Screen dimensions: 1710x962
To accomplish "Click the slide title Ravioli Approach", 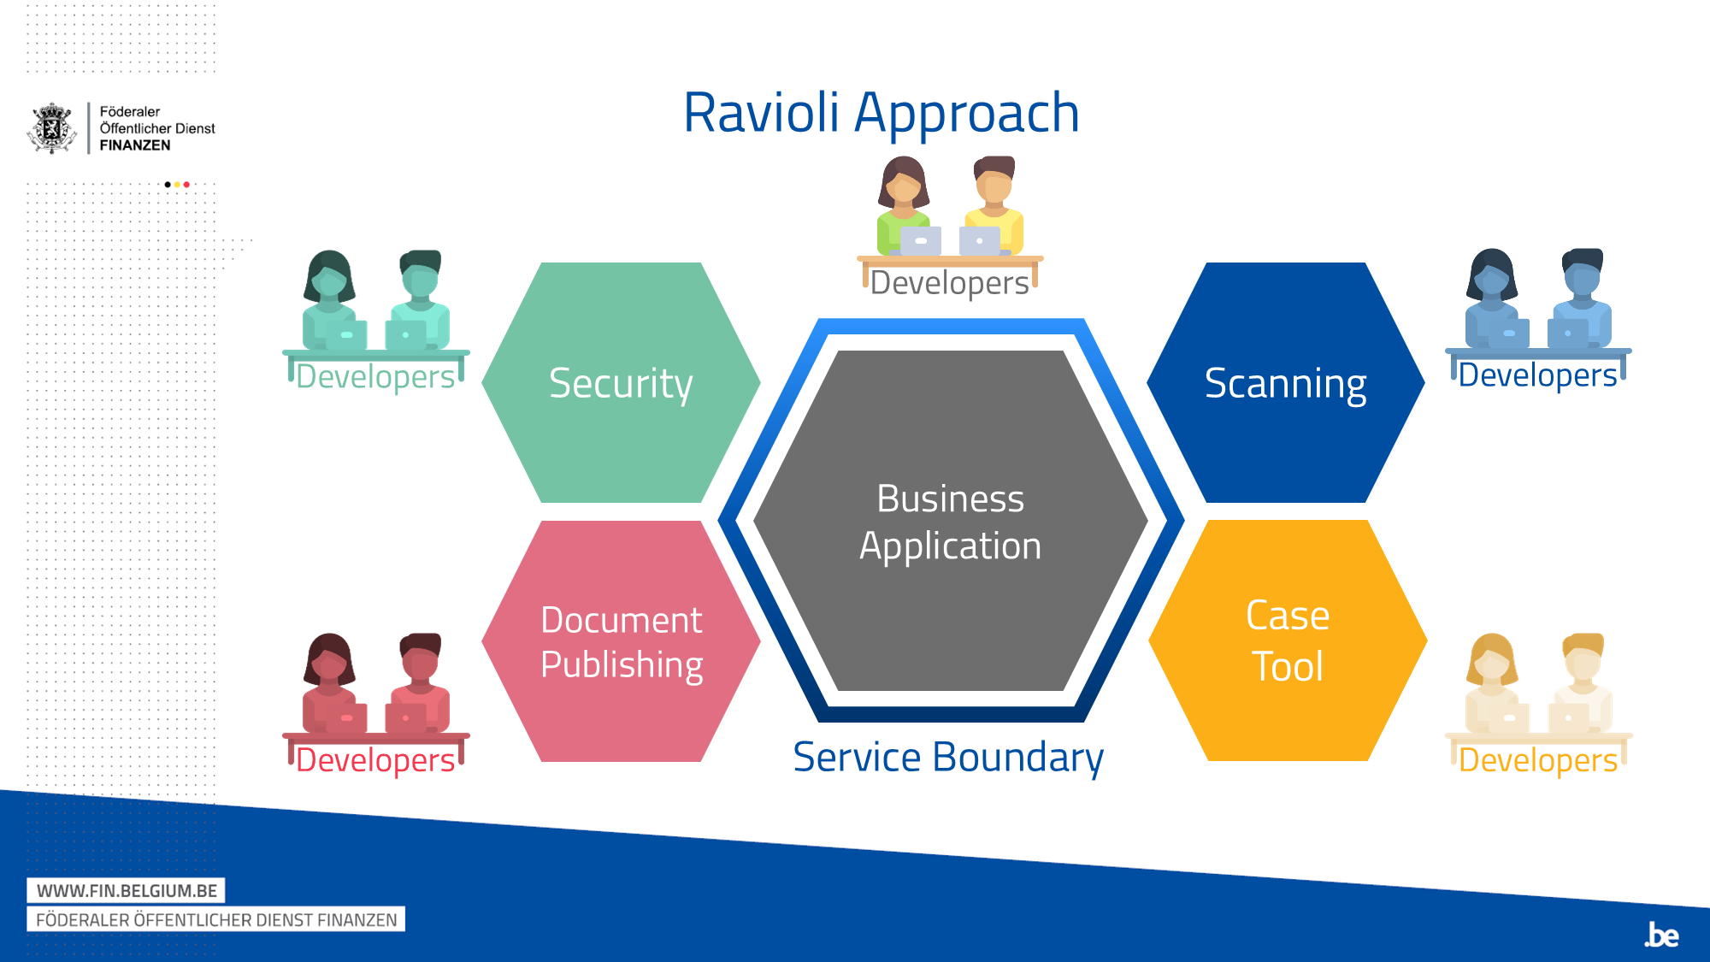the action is coord(882,114).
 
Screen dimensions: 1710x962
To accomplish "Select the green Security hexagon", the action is coord(621,382).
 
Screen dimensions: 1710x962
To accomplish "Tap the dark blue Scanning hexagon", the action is coord(1285,382).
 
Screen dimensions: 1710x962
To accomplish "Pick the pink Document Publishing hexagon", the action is coord(621,641).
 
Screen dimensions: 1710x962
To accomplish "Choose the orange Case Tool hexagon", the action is coord(1288,640).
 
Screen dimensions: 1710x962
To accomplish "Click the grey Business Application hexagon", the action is coord(951,521).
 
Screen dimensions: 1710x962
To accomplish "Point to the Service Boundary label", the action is coord(948,758).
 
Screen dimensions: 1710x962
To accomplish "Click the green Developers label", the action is coord(375,377).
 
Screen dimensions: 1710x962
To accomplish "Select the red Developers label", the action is coord(375,760).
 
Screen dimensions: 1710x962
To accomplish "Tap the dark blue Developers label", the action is coord(1537,375).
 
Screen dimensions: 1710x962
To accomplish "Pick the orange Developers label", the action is coord(1537,760).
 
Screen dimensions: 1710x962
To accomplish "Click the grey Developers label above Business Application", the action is coord(949,283).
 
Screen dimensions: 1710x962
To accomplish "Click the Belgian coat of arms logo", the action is coord(53,128).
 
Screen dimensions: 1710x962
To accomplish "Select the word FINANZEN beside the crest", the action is coord(135,145).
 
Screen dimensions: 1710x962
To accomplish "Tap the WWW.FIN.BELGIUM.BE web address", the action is coord(127,891).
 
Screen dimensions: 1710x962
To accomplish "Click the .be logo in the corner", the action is coord(1661,935).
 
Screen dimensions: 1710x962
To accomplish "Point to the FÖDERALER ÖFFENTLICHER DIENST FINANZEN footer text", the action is coord(216,920).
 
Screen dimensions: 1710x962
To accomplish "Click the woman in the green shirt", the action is coord(905,205).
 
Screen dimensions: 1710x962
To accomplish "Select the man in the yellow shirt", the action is coord(994,205).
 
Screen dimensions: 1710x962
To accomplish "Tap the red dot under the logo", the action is coord(186,185).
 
